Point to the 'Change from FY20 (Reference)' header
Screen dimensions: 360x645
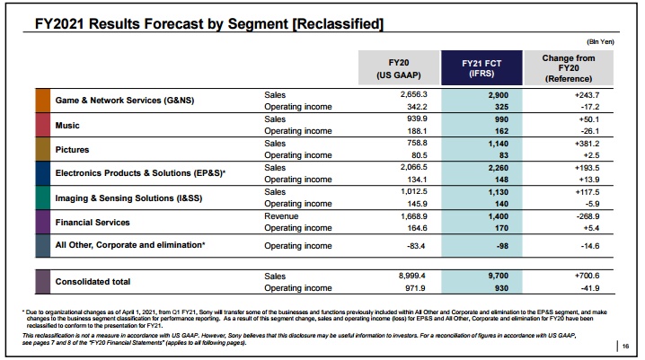(570, 68)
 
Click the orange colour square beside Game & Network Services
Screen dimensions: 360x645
(43, 101)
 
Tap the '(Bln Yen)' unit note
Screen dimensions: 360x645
(601, 42)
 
